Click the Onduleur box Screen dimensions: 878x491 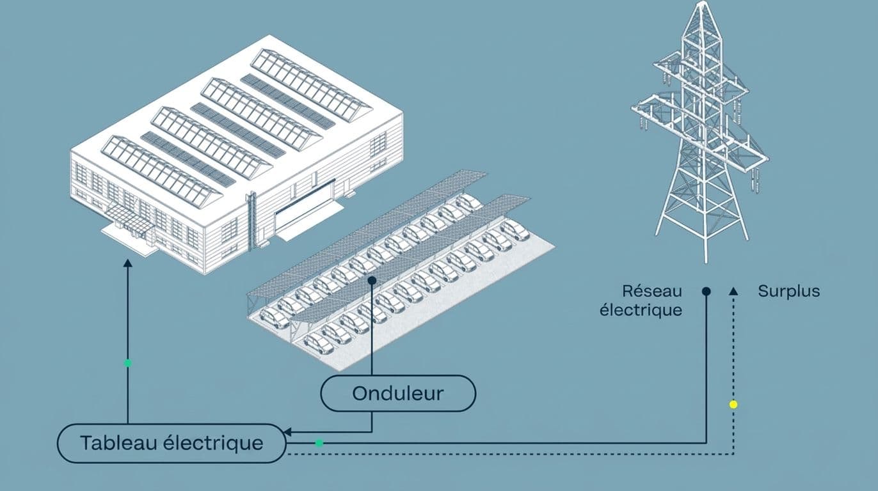398,393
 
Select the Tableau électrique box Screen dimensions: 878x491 172,443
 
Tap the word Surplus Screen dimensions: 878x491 788,292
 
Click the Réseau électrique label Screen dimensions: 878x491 641,300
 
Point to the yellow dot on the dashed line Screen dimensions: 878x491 733,405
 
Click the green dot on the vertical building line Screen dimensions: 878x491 127,363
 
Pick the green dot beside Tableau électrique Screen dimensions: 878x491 319,443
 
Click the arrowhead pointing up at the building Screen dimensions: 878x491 127,262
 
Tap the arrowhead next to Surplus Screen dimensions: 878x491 733,291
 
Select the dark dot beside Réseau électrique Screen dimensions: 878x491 706,292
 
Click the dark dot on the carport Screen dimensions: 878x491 372,281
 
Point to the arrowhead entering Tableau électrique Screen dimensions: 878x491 287,432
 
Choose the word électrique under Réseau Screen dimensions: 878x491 641,311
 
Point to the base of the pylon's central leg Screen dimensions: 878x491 706,260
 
